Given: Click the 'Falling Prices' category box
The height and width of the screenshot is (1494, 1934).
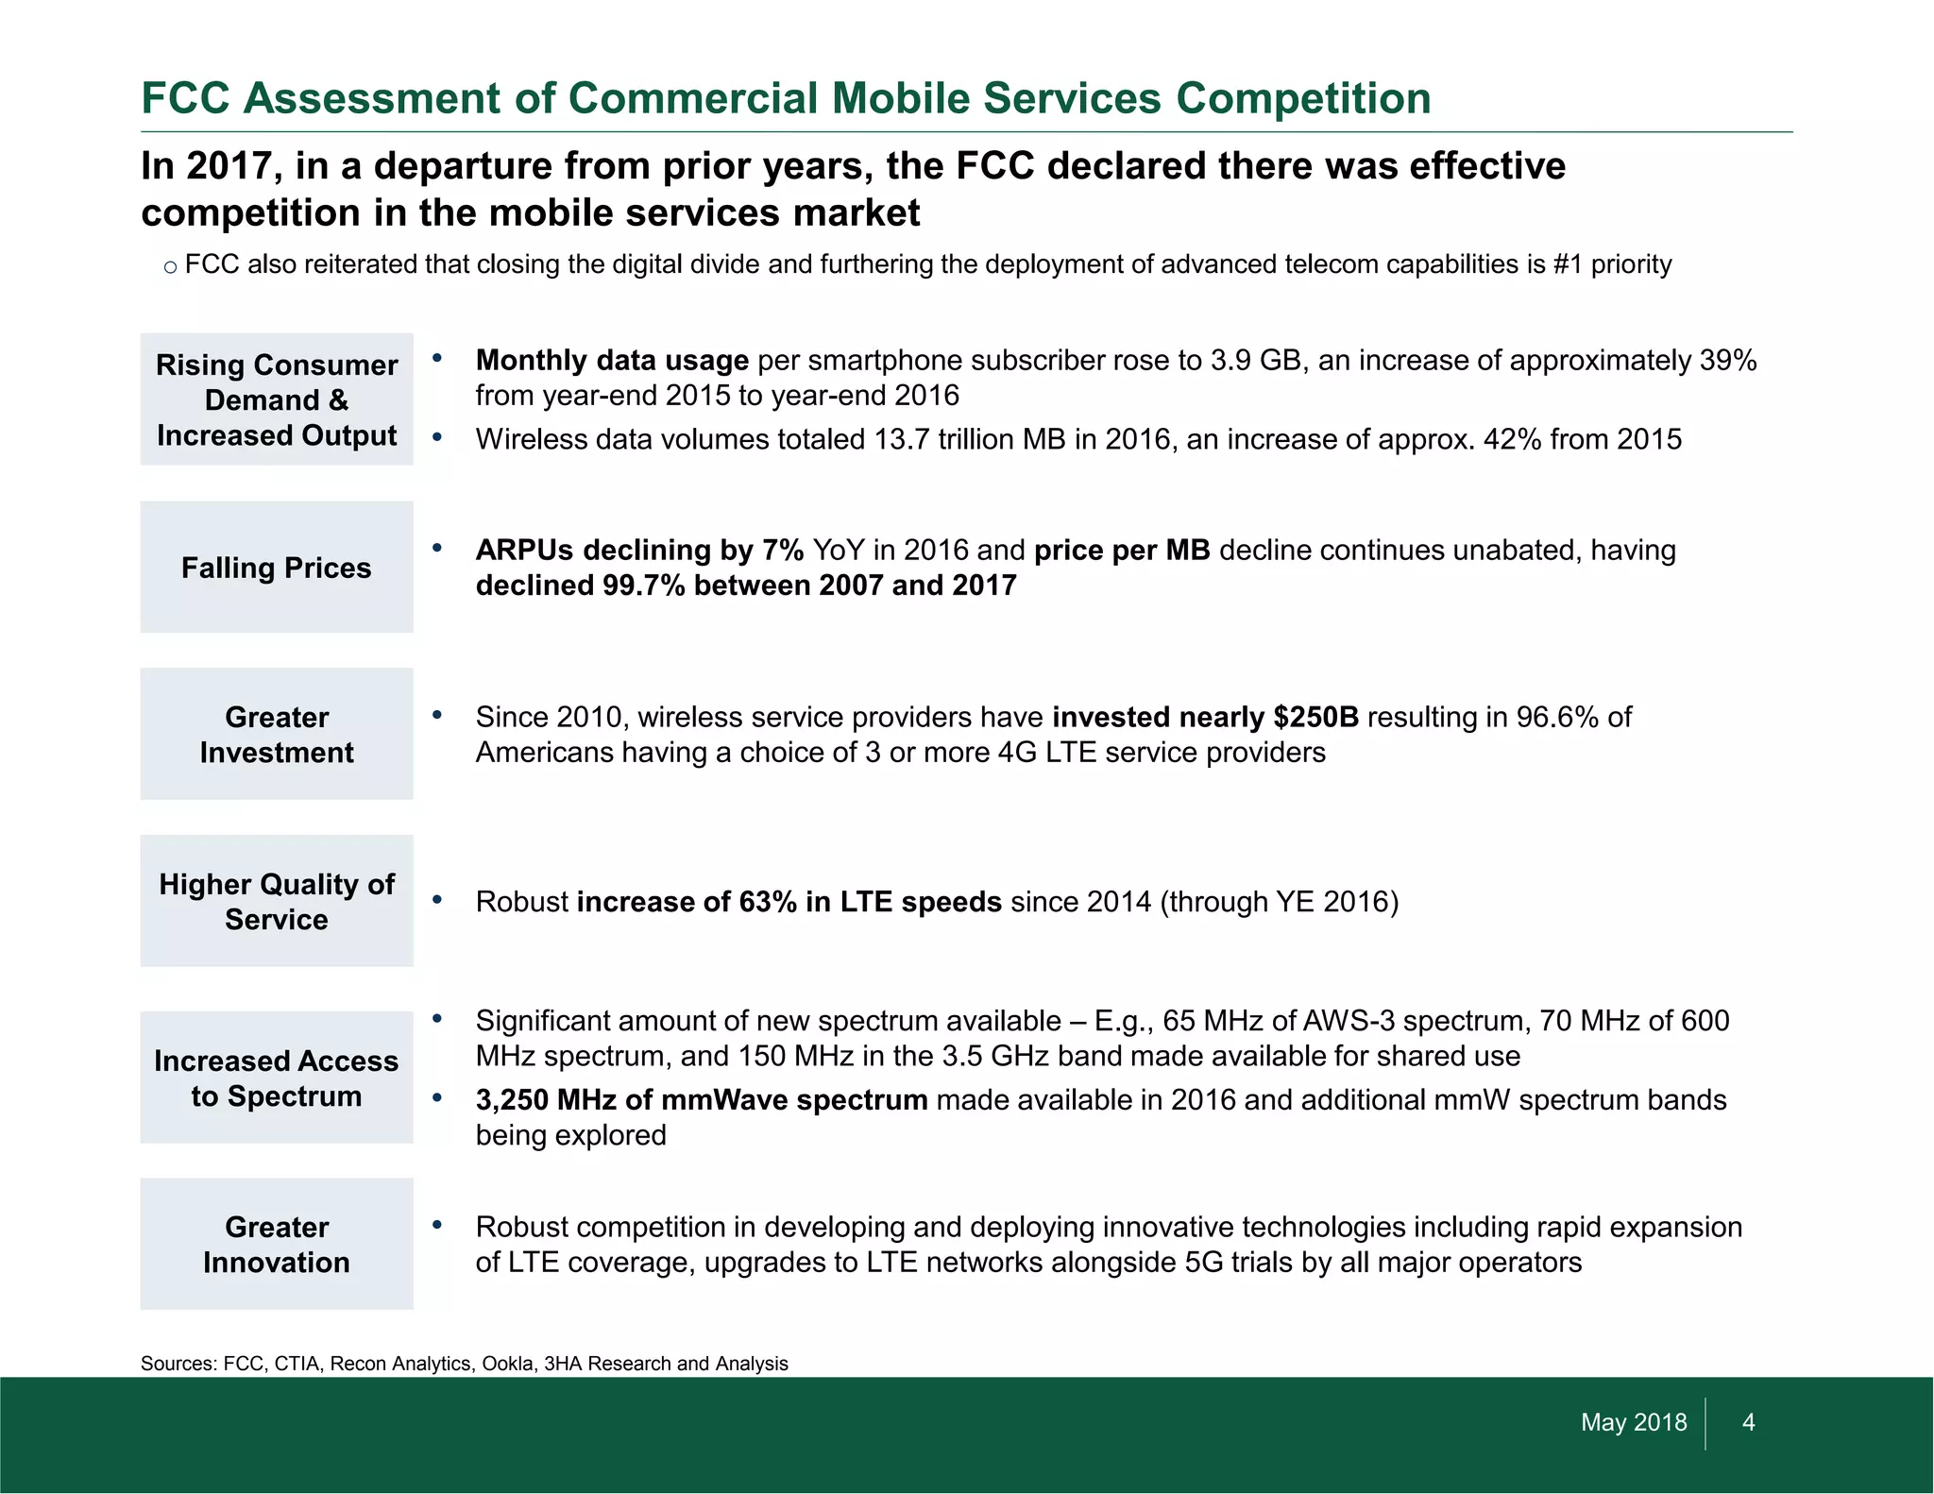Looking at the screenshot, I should click(277, 568).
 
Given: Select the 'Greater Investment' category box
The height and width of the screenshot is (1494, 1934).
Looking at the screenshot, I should click(277, 735).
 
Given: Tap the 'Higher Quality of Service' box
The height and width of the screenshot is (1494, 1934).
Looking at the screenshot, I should click(277, 902).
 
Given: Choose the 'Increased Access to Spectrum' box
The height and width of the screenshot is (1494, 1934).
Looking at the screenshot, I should click(277, 1078).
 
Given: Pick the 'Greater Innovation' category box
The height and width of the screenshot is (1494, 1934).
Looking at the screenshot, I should click(277, 1245).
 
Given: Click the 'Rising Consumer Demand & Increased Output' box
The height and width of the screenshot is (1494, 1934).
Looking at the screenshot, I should click(277, 400).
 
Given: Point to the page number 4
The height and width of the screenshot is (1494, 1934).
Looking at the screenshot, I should click(1748, 1422).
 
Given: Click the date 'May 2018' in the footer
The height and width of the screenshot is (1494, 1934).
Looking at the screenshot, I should click(1634, 1422).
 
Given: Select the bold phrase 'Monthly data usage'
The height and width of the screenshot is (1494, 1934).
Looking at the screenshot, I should click(612, 361).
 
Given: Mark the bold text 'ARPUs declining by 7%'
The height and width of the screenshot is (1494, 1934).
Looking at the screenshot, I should click(639, 551).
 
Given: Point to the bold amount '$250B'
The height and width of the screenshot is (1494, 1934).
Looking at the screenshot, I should click(1315, 718).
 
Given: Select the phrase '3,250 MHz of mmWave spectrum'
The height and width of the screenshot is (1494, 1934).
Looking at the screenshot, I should click(702, 1101).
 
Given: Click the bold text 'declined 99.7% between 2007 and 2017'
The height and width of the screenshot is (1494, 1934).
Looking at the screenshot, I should click(746, 586).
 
